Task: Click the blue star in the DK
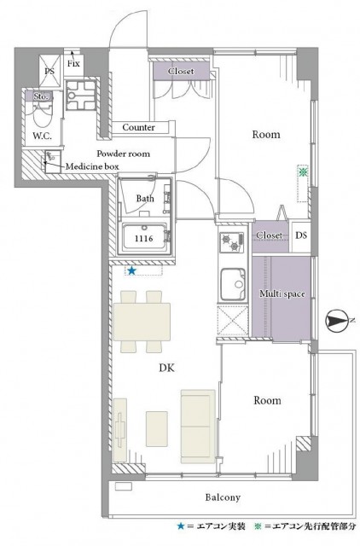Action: click(x=131, y=270)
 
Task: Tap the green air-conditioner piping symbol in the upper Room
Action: click(x=303, y=171)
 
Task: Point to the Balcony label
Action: click(x=223, y=497)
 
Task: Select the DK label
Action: click(x=166, y=368)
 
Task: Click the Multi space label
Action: click(x=282, y=293)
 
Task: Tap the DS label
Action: click(x=301, y=235)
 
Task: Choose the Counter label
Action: click(x=138, y=127)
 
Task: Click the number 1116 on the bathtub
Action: click(x=144, y=239)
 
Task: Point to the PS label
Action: click(x=49, y=71)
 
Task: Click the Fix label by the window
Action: click(x=73, y=64)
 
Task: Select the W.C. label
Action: click(x=42, y=136)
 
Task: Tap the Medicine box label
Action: click(x=92, y=166)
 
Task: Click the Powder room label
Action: click(x=123, y=154)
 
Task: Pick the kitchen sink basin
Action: click(x=233, y=284)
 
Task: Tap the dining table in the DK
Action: click(x=142, y=322)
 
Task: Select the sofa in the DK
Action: click(x=198, y=427)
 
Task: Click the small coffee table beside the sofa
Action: click(x=157, y=428)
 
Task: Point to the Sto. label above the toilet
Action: click(x=41, y=96)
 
